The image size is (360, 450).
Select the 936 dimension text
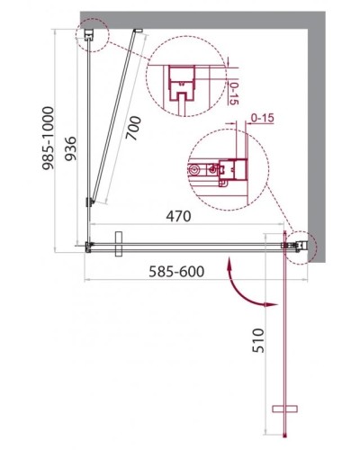click(55, 135)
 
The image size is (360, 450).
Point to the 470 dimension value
click(184, 217)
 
